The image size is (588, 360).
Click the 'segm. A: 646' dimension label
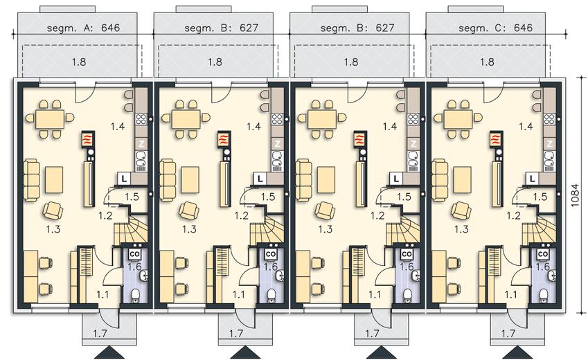coord(84,28)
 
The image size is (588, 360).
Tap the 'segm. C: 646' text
coord(496,28)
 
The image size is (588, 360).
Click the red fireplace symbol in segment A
coord(87,139)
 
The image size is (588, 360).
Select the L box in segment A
coord(124,179)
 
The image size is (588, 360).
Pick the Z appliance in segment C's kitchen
coord(550,143)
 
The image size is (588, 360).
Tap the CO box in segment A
coord(134,254)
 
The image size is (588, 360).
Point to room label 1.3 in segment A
coord(53,229)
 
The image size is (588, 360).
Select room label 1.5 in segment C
coord(540,197)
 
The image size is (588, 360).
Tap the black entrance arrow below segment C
coord(519,352)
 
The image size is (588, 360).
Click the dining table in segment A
coord(50,118)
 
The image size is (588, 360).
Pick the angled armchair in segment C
coord(461,210)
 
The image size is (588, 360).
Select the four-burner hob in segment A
coord(141,119)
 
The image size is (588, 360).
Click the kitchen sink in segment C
coord(550,159)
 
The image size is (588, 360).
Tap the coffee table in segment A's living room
coord(54,180)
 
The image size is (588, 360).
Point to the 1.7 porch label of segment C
coord(508,332)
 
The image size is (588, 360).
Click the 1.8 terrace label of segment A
coord(79,62)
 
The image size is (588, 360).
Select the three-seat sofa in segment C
coord(440,181)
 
